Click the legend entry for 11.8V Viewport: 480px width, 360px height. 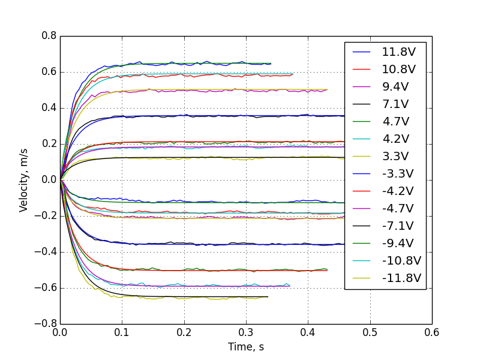(395, 52)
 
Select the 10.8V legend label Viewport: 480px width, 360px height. (395, 69)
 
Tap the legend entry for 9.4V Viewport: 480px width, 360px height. (395, 86)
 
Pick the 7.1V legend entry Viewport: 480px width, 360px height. (395, 104)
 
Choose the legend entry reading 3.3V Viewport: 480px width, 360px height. (395, 156)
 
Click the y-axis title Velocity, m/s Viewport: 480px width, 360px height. (24, 180)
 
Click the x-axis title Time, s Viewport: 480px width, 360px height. (245, 347)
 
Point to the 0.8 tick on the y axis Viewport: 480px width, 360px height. (49, 36)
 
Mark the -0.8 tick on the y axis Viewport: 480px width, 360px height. (46, 324)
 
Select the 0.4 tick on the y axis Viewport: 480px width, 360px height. (49, 108)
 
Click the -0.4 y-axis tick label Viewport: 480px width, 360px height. (46, 252)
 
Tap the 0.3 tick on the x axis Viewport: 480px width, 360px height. (246, 332)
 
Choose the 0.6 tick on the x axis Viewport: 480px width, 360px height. (432, 332)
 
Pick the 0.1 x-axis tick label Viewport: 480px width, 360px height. (122, 332)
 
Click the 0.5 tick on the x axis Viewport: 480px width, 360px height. (370, 332)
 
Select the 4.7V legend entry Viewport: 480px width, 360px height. (395, 121)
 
